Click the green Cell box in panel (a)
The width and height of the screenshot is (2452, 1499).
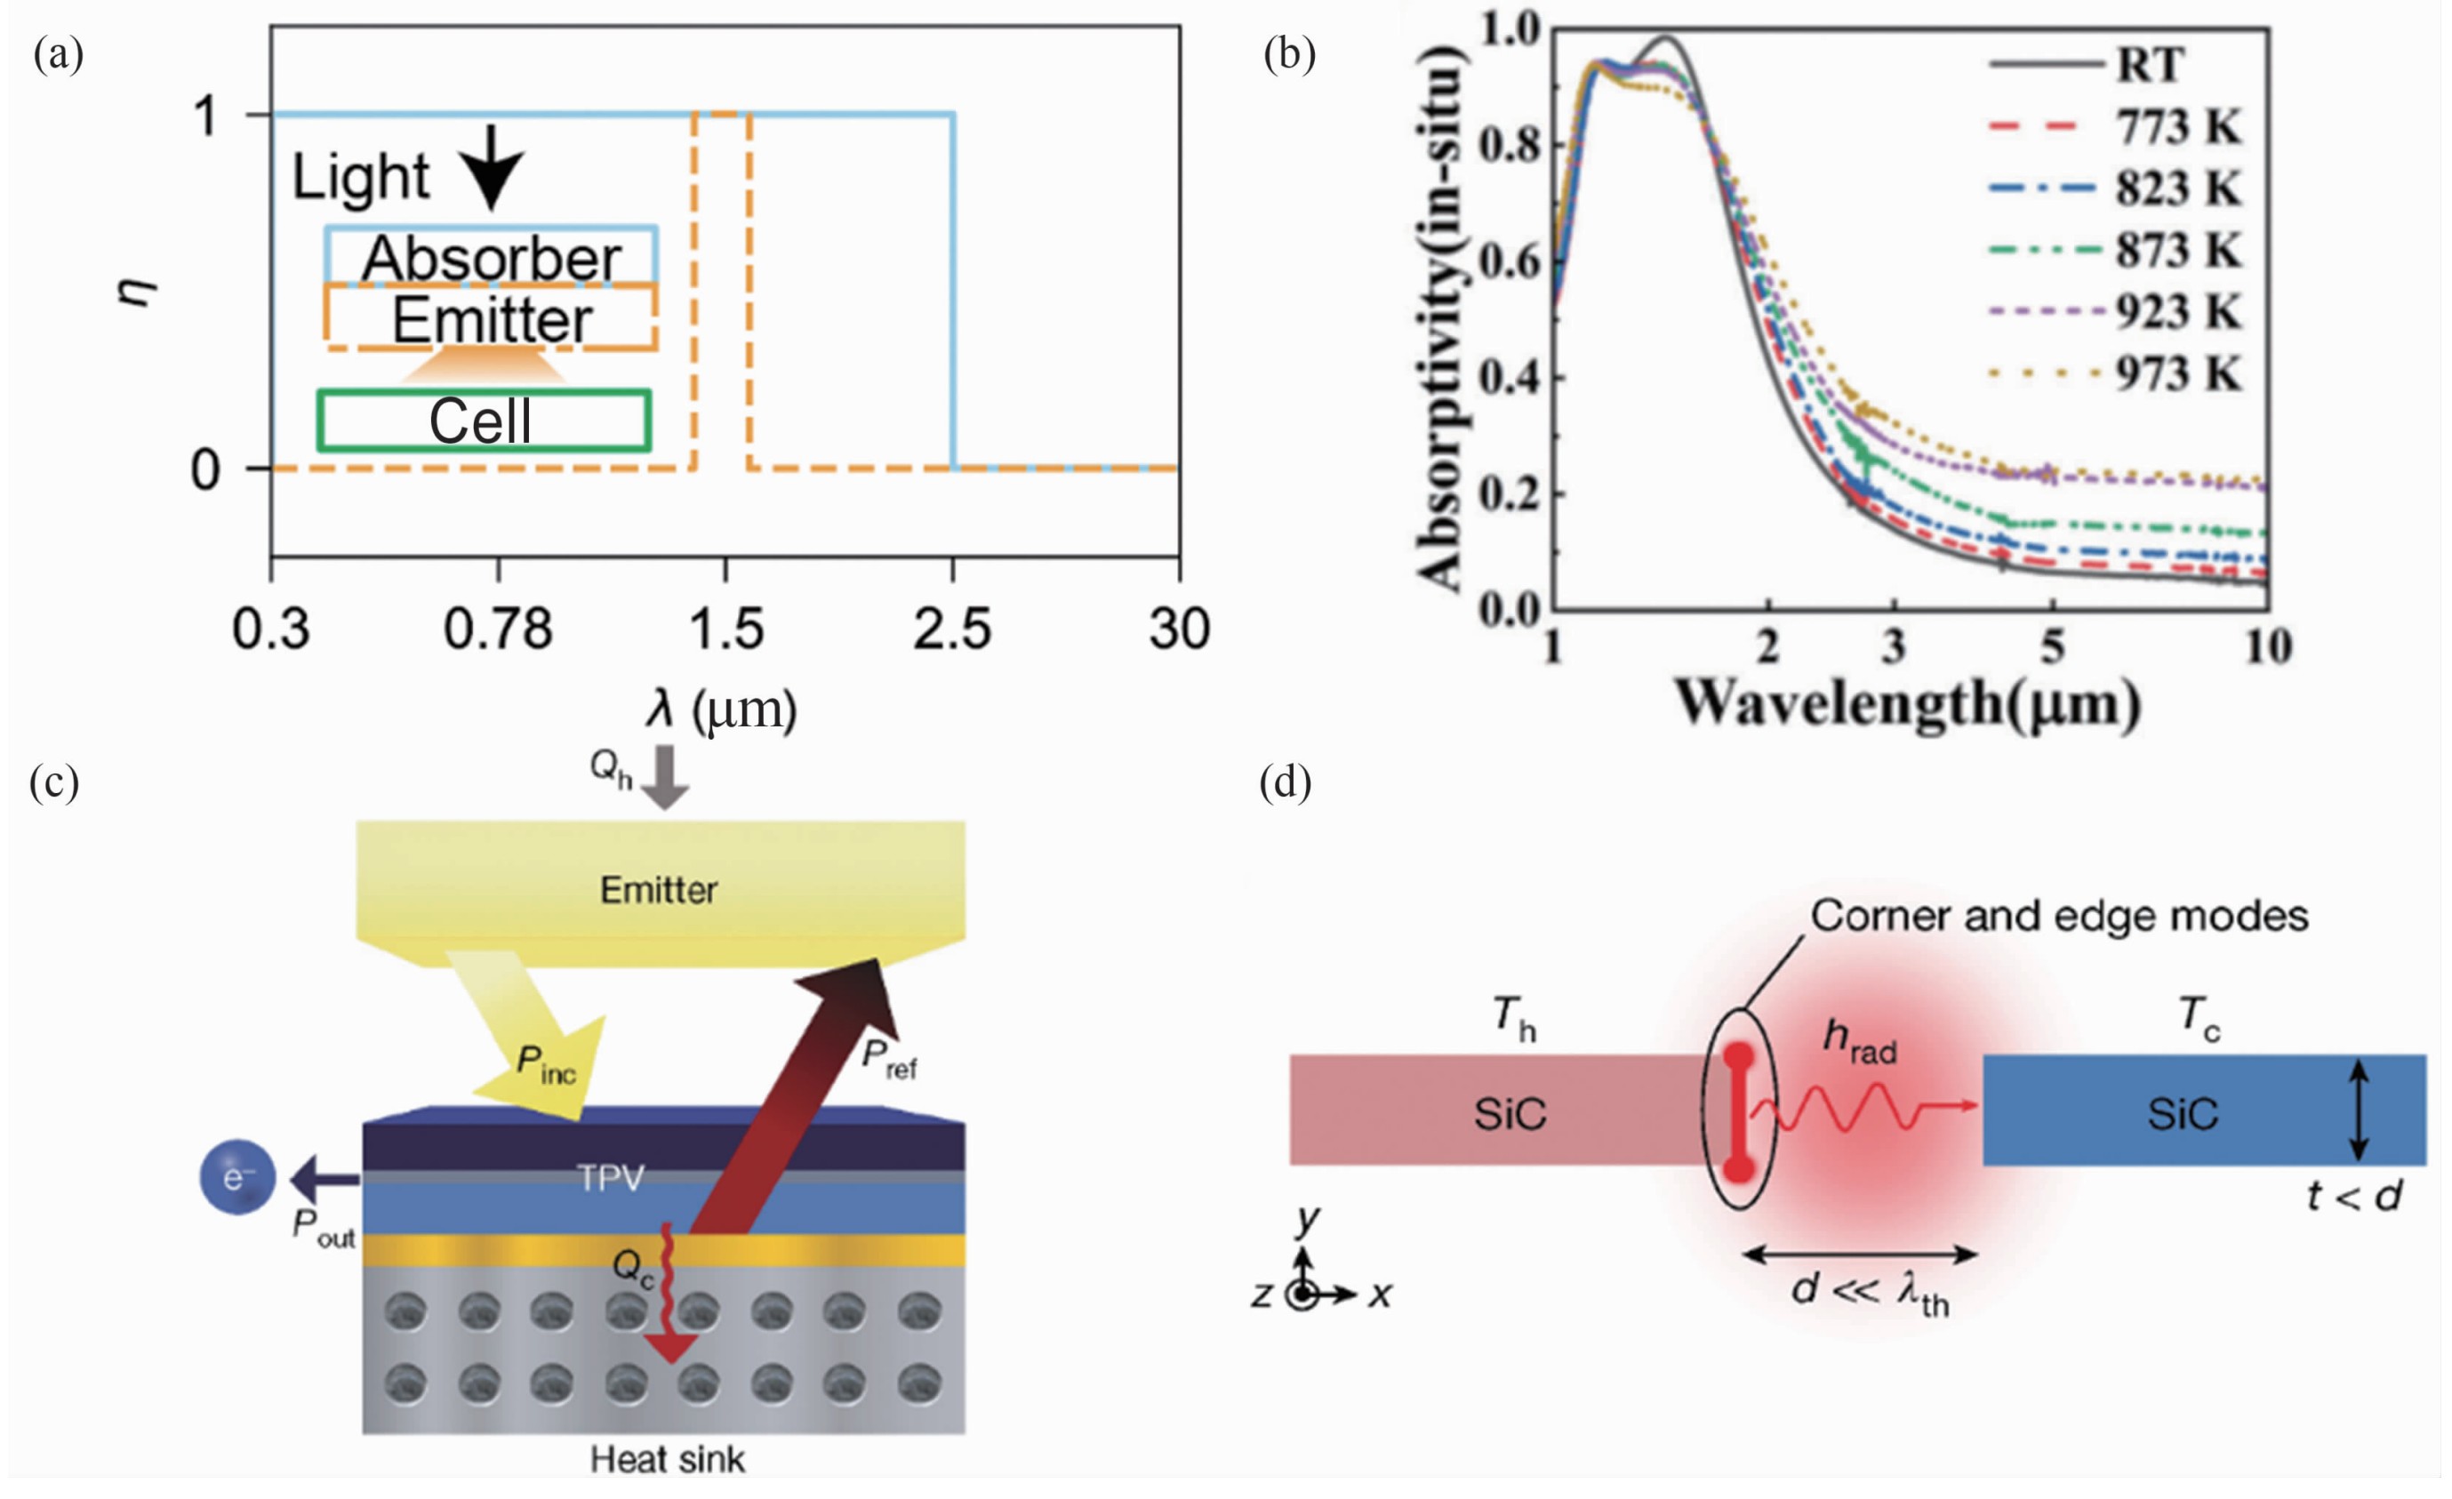click(x=484, y=420)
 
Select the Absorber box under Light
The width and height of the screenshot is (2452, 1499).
click(x=491, y=257)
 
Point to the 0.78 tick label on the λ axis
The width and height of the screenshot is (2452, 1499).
click(x=498, y=629)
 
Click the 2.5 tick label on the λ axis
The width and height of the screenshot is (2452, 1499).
click(x=952, y=629)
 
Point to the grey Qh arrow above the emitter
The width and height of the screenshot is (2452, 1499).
click(x=664, y=775)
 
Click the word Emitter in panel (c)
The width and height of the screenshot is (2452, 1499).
click(x=659, y=890)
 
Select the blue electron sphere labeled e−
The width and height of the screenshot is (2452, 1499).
click(x=236, y=1179)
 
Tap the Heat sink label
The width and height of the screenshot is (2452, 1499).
click(x=667, y=1460)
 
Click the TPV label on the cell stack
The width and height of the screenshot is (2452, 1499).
click(x=610, y=1179)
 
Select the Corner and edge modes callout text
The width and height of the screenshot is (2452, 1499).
click(x=2058, y=916)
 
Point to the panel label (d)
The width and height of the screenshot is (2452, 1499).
click(x=1285, y=783)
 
